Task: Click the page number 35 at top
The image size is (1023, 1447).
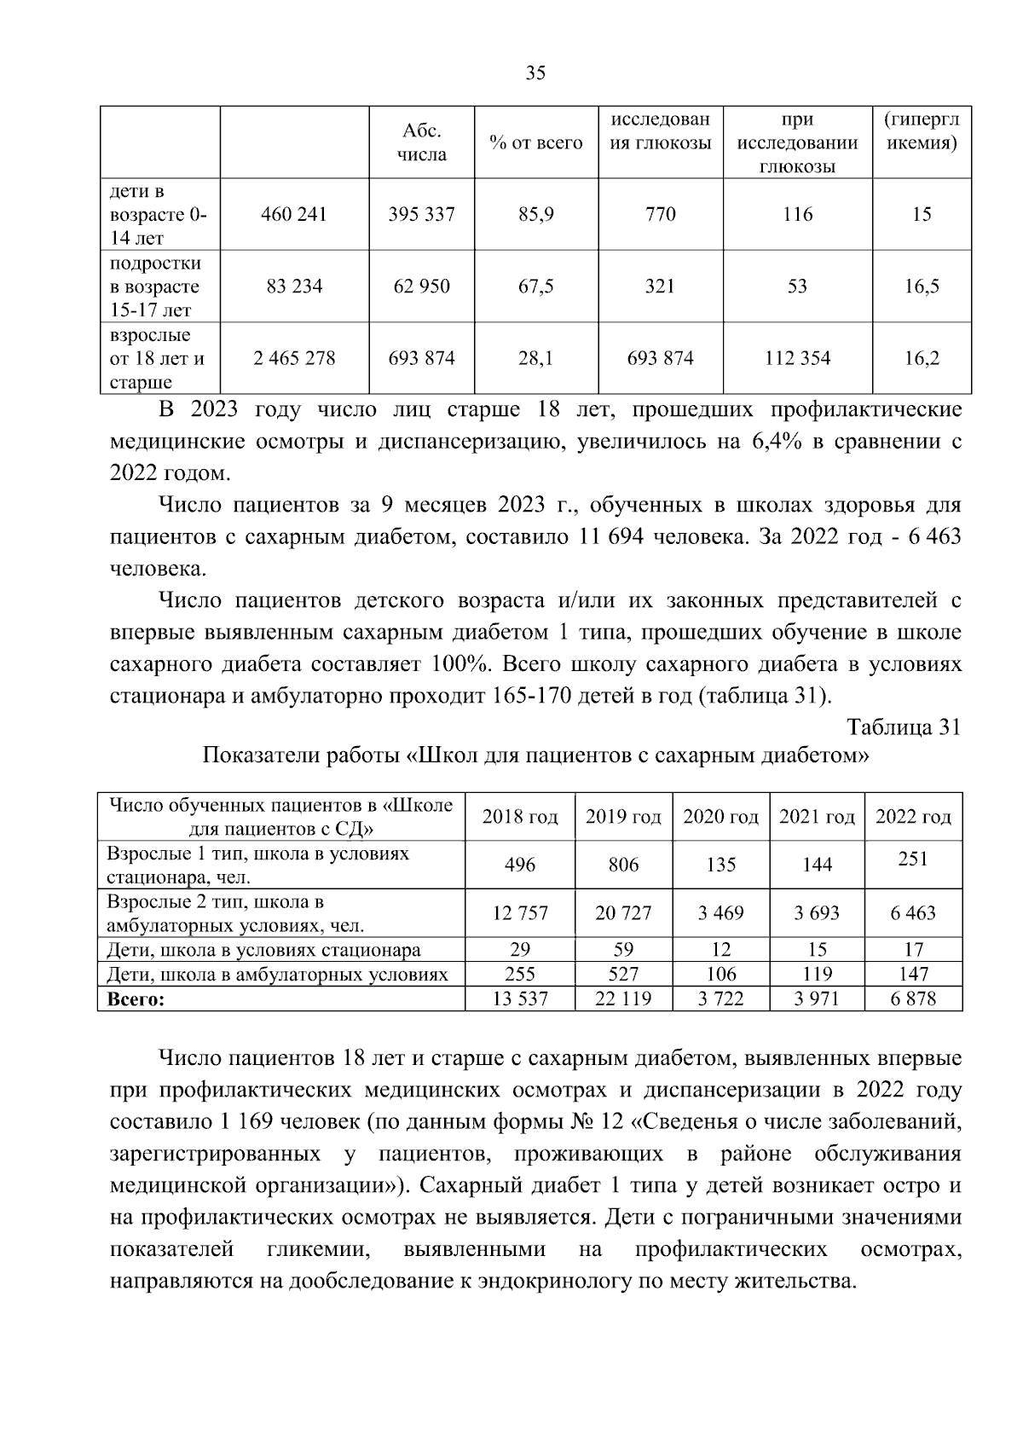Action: [535, 73]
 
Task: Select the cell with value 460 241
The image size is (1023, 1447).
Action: [294, 214]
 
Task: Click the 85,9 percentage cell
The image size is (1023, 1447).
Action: [536, 214]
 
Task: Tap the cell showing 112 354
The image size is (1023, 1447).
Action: [797, 358]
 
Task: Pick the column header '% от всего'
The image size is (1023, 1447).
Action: [536, 143]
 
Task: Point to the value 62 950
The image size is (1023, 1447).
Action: [422, 287]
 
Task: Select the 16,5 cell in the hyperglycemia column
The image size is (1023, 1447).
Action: [922, 287]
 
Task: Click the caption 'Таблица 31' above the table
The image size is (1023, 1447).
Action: [904, 726]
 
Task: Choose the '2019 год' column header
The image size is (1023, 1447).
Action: [623, 817]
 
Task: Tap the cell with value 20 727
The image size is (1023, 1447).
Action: [623, 913]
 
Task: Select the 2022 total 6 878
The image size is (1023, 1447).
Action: [913, 999]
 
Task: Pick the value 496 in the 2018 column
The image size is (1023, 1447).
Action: [520, 865]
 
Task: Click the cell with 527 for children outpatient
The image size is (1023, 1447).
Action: [623, 974]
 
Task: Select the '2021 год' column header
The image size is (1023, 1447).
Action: [817, 817]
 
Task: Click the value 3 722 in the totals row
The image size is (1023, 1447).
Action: [720, 999]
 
